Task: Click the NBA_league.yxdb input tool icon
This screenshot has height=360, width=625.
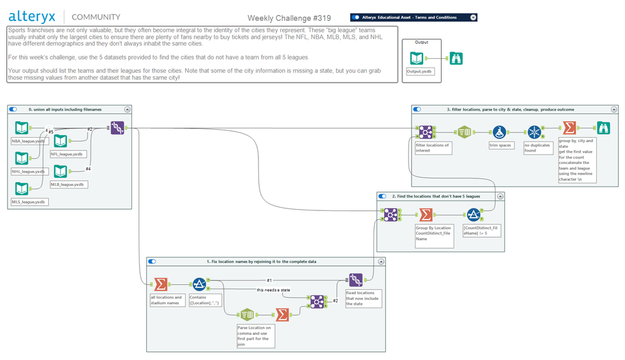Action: pos(22,128)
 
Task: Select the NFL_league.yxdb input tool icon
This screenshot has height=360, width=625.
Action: pos(60,141)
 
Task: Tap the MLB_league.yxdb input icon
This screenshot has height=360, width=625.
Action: pos(60,171)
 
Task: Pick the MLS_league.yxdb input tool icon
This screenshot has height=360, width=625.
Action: pos(22,188)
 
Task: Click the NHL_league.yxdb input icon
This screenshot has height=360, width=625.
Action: pos(22,158)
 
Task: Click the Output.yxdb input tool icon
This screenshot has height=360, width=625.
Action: pos(417,59)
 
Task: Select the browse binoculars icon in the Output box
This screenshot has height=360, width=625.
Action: pos(456,59)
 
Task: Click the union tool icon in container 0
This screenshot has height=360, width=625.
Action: pos(118,128)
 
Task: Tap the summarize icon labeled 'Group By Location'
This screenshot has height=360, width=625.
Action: pos(425,215)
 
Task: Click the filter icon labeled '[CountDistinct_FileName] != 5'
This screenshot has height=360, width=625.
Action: pos(473,215)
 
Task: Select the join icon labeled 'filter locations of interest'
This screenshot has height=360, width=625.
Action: pos(425,132)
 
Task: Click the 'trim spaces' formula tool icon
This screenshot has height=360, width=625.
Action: pos(499,132)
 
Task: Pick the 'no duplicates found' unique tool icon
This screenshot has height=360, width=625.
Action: pos(534,132)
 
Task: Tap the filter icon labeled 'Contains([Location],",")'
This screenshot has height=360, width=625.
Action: pos(200,284)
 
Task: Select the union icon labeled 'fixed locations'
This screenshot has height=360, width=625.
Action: pos(355,279)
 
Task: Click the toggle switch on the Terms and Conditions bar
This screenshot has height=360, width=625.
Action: pos(355,18)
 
